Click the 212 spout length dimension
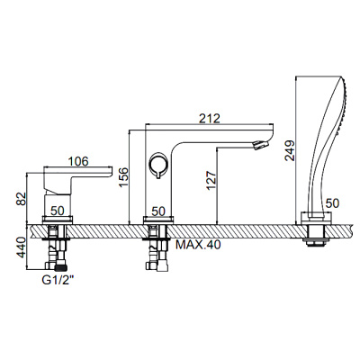click(x=210, y=118)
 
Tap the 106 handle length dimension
click(x=78, y=161)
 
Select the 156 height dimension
click(x=123, y=177)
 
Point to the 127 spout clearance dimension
click(x=211, y=181)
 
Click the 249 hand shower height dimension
click(x=290, y=150)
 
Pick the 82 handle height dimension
click(x=22, y=199)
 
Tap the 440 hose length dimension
click(x=22, y=247)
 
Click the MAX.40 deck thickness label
click(x=198, y=245)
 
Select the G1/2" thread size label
click(x=58, y=280)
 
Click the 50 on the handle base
click(x=58, y=211)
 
